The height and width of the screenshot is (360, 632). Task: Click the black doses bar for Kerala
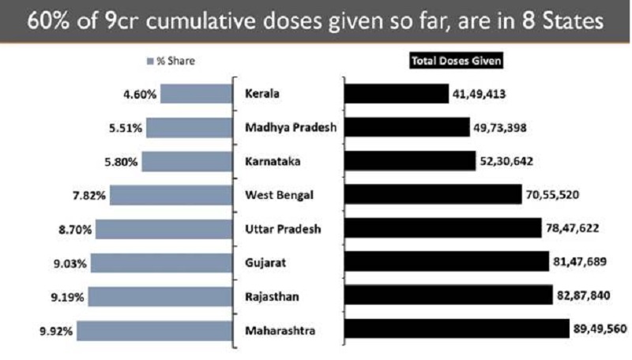click(396, 94)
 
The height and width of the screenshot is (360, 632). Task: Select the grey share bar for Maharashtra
click(155, 331)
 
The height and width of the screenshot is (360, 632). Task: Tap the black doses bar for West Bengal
click(433, 195)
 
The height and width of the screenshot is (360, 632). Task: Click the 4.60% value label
click(140, 95)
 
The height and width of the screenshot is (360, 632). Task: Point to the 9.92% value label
click(55, 332)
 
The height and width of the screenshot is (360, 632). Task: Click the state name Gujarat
click(266, 263)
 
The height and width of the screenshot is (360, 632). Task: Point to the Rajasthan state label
click(273, 297)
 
